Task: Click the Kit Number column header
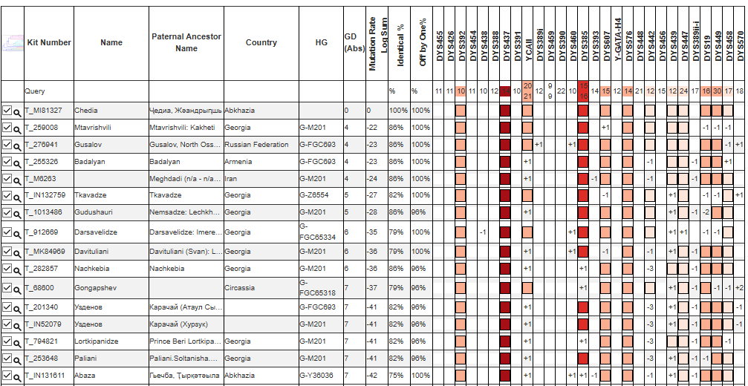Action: (x=49, y=42)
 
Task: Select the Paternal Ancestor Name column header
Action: (x=186, y=42)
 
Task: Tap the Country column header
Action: (x=261, y=42)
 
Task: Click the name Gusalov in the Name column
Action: (x=89, y=145)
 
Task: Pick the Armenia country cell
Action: (x=239, y=161)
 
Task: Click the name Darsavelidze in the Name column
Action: (x=97, y=232)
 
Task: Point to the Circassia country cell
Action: (x=242, y=287)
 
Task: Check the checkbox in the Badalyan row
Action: (x=7, y=161)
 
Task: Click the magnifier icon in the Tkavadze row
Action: (x=16, y=196)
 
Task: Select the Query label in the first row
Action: (x=35, y=91)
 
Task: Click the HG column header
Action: (x=321, y=42)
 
